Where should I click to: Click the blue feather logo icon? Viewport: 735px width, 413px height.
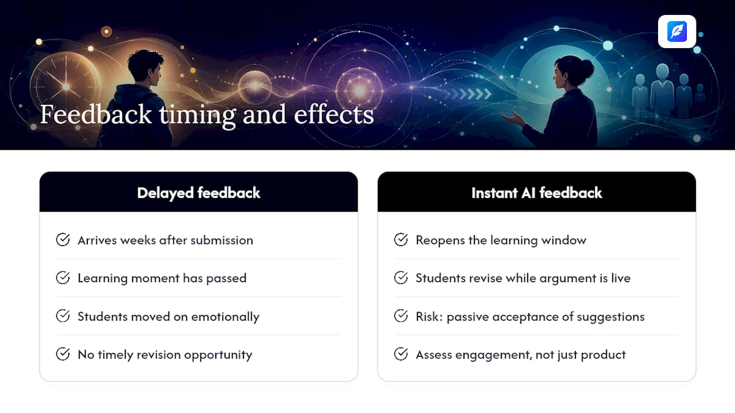tap(677, 32)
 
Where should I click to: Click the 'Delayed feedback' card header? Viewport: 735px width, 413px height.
tap(199, 192)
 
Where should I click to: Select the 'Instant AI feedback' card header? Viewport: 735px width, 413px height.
tap(536, 192)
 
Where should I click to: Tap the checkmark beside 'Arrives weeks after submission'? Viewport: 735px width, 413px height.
tap(63, 240)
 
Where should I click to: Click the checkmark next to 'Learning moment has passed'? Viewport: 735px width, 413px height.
tap(63, 278)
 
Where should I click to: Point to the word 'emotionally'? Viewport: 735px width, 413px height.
tap(225, 317)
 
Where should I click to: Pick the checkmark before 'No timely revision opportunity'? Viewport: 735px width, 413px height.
tap(63, 354)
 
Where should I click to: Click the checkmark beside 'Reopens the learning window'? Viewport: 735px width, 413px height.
tap(401, 240)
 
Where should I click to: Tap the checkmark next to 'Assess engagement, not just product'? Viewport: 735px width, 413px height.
tap(401, 354)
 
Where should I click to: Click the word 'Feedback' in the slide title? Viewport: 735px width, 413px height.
tap(96, 114)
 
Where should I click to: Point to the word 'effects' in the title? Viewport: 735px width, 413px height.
tap(334, 114)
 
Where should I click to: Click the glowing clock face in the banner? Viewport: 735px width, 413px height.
tap(66, 86)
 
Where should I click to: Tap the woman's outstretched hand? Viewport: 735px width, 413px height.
tap(513, 119)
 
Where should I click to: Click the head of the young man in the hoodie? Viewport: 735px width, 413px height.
tap(145, 66)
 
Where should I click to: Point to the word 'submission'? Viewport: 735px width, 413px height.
tap(222, 240)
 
